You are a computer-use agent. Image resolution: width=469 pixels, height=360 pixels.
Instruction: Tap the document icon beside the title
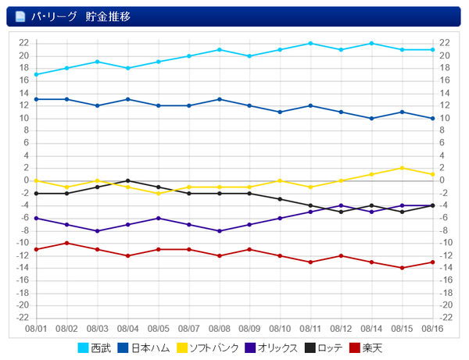[20, 16]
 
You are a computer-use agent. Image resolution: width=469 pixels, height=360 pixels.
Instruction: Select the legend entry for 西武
[95, 348]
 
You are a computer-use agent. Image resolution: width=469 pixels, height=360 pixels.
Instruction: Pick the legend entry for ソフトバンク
[207, 348]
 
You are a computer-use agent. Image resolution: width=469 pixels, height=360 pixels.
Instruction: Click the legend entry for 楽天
[366, 348]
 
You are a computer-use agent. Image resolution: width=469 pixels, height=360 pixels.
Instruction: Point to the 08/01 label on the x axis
[36, 330]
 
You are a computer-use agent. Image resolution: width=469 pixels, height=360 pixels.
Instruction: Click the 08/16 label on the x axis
[432, 330]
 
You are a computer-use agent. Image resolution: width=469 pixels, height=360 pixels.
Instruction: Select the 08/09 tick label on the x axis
[249, 330]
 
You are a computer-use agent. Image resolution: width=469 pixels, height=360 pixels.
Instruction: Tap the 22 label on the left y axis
[24, 43]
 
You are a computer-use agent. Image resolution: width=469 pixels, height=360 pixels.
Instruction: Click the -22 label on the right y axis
[446, 318]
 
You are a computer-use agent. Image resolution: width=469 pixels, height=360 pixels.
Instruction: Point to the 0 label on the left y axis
[27, 180]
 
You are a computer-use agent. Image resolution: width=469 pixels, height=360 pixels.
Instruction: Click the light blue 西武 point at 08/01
[36, 74]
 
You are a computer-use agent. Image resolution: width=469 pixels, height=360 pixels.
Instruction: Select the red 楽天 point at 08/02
[66, 243]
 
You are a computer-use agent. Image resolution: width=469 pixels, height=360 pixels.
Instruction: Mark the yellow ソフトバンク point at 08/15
[402, 168]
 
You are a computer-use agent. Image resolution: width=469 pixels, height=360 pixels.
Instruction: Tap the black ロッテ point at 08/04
[127, 180]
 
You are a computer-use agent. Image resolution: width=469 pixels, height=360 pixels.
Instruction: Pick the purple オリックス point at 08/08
[219, 230]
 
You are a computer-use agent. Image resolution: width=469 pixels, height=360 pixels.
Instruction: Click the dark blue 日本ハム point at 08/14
[371, 118]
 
